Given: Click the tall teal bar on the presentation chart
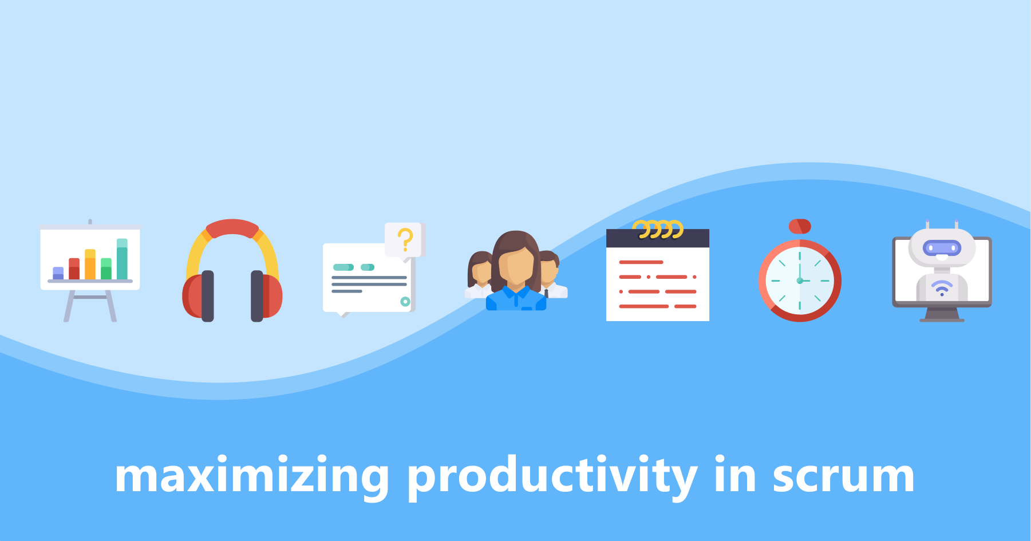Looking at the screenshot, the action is point(122,259).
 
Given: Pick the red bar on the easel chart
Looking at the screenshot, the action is point(74,268).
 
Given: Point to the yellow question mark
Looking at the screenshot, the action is point(405,239).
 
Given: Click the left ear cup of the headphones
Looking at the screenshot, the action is point(198,295).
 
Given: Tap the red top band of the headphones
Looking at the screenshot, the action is point(232,228).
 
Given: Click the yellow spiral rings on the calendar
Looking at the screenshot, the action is point(658,229).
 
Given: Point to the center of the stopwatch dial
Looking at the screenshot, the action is point(800,281).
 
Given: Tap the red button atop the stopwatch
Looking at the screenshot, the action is point(800,226).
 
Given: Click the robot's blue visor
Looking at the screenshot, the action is point(942,248).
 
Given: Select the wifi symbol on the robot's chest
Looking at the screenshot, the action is point(942,288).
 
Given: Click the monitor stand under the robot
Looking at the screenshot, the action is point(942,314).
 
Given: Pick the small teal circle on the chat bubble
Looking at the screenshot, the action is point(405,301).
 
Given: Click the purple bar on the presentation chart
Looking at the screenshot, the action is point(58,273).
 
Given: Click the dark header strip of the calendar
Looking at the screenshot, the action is point(658,238).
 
